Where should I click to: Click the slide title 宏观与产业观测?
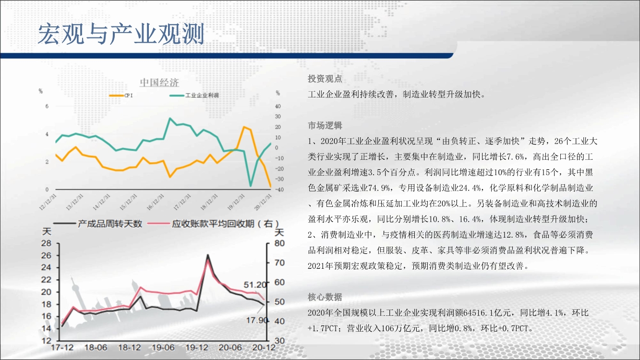pos(121,34)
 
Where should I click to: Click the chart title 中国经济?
pos(159,82)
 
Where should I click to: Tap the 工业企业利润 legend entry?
pos(194,95)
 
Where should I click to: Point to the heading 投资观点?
pos(325,79)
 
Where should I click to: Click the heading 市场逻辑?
pos(325,125)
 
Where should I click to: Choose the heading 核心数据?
pos(325,297)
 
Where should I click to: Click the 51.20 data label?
pos(255,285)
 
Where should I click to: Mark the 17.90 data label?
pos(257,320)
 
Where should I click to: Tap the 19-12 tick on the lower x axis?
pos(196,348)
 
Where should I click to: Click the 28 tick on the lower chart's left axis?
pos(46,243)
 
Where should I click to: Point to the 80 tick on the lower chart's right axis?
pos(279,243)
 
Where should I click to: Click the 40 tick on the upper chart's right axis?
pos(278,106)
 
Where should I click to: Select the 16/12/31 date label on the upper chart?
pos(156,202)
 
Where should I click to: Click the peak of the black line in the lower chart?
pos(208,255)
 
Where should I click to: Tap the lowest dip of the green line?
pos(251,186)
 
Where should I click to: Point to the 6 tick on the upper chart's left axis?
pos(47,106)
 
